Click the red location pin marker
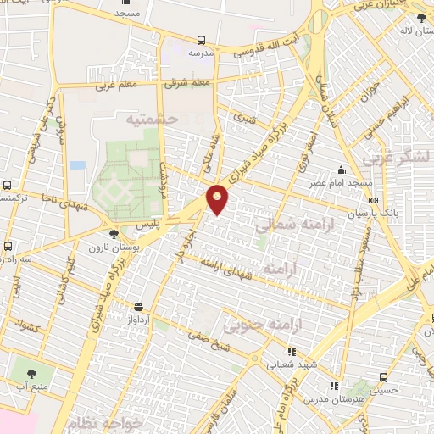[x=218, y=198]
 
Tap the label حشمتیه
[x=153, y=120]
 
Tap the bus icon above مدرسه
[x=201, y=40]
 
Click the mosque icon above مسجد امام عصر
[x=341, y=170]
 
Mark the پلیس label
[x=148, y=226]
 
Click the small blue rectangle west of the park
[x=77, y=164]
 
